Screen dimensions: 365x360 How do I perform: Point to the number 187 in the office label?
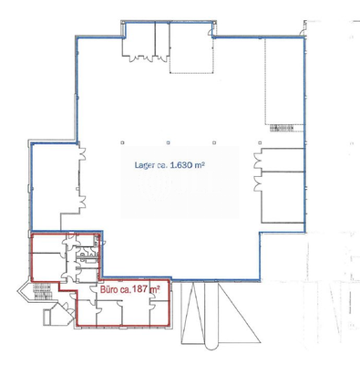pos(142,292)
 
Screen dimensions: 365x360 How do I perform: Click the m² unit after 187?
pos(157,291)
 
